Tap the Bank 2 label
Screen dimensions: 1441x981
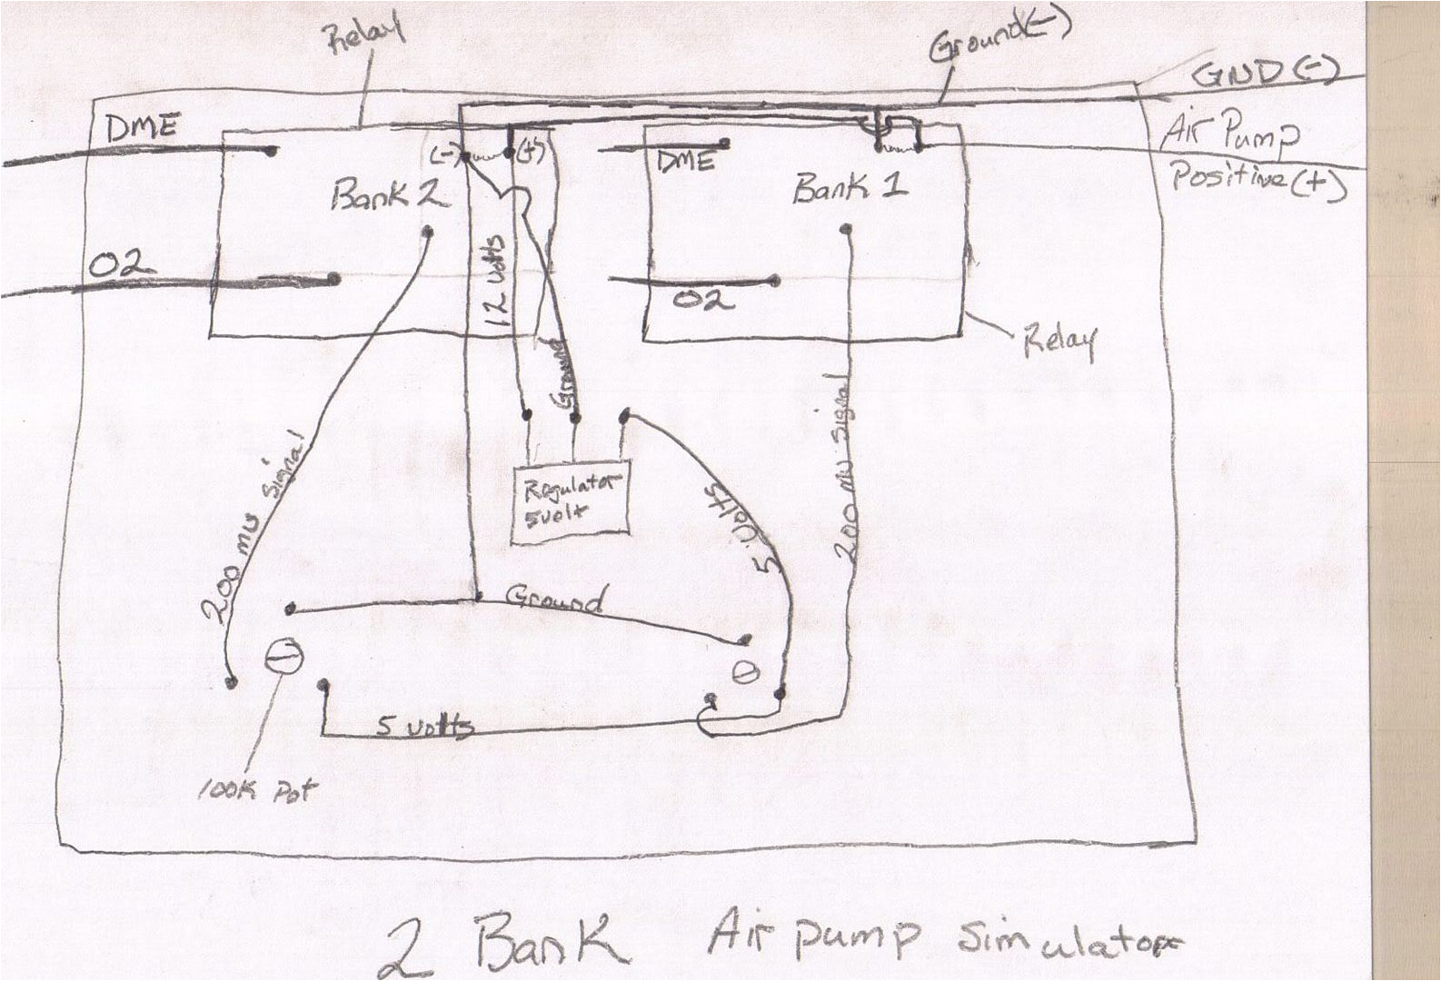(389, 193)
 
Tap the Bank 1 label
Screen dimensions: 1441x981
(850, 188)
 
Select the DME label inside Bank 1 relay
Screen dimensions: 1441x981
(683, 163)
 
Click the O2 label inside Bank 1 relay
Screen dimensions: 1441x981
(703, 299)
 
